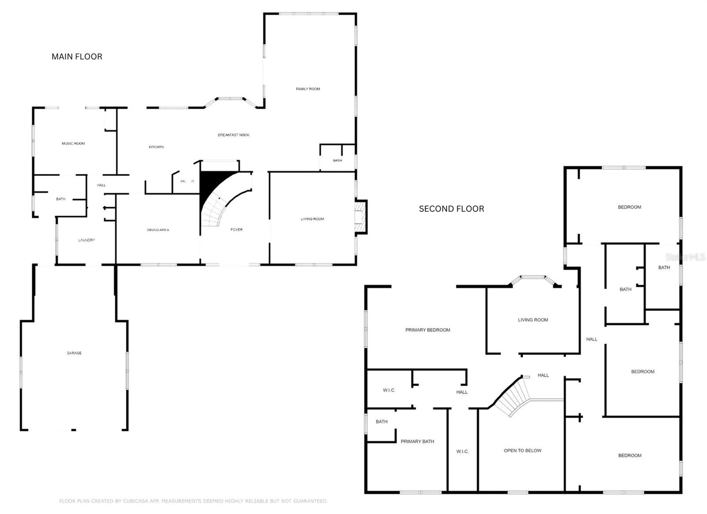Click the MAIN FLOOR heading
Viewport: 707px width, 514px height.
(77, 57)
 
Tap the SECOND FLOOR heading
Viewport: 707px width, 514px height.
(451, 209)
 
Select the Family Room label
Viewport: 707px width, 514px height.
(308, 89)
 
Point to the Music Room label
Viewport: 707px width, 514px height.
(73, 144)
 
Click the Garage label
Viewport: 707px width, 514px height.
(74, 353)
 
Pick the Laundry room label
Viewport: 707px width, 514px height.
(87, 240)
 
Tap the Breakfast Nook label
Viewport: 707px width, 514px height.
(234, 135)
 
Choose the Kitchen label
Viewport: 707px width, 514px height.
(156, 147)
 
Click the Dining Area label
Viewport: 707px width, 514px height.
(158, 230)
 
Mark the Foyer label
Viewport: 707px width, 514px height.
(236, 230)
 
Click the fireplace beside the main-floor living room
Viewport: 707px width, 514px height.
(361, 217)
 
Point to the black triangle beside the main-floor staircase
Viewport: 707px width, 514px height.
(210, 186)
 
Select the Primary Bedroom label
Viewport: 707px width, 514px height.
(428, 330)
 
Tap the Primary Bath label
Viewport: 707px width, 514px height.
(417, 442)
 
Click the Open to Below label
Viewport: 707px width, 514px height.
(522, 451)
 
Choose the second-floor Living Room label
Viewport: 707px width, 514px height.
(533, 320)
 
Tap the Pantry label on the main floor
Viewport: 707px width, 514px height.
(187, 181)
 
